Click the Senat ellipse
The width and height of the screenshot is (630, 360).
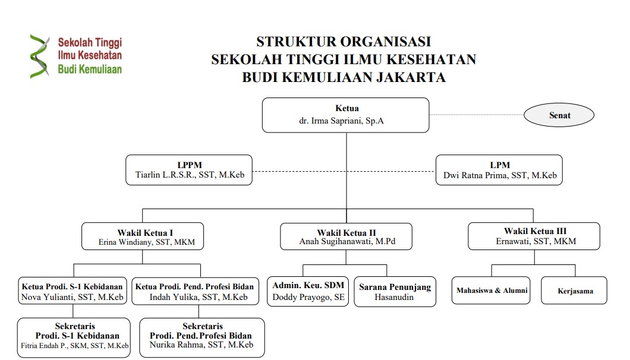[x=559, y=115]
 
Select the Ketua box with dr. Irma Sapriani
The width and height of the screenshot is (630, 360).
[x=345, y=115]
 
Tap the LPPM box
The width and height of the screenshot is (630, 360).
[x=189, y=170]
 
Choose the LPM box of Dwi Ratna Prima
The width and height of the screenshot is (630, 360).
[x=499, y=170]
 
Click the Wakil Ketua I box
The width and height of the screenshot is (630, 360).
[x=143, y=236]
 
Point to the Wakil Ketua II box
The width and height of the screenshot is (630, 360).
[x=346, y=236]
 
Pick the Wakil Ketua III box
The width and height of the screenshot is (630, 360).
[x=534, y=236]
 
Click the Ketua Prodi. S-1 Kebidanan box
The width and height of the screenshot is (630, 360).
[x=73, y=290]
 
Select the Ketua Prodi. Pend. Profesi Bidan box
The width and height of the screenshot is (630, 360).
[x=196, y=290]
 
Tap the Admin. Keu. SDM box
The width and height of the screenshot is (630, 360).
[x=308, y=291]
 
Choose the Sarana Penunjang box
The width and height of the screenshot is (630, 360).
[x=395, y=291]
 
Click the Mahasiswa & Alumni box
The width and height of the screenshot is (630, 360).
[x=491, y=290]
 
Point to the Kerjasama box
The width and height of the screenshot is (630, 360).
[x=574, y=290]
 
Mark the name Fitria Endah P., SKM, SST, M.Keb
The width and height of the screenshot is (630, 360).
[x=75, y=346]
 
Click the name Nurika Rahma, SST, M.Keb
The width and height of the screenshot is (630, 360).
[x=201, y=345]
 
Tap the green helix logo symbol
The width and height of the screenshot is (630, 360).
[x=39, y=56]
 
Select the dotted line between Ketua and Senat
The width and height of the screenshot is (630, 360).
[x=477, y=115]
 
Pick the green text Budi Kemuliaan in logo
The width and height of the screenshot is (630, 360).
[x=90, y=69]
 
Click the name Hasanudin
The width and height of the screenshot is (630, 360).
[x=393, y=297]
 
